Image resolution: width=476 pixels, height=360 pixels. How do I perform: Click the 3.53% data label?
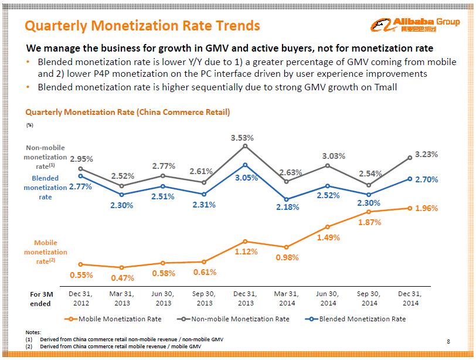click(242, 138)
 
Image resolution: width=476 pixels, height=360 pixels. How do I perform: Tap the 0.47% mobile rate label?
click(122, 278)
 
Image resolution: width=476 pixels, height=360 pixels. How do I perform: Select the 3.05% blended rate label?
click(246, 178)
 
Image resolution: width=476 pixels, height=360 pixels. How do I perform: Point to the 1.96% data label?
click(426, 208)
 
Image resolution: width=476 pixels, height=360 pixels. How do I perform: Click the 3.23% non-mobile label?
click(426, 154)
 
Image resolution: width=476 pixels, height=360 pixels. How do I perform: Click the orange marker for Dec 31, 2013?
click(246, 242)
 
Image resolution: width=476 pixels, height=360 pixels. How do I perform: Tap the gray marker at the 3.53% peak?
click(246, 146)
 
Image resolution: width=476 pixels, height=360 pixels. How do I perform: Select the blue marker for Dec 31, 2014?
click(410, 179)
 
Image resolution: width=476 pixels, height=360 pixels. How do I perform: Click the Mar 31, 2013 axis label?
click(122, 298)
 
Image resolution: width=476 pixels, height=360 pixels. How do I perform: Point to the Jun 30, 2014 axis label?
click(328, 298)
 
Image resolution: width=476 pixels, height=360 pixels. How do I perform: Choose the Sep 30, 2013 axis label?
click(204, 298)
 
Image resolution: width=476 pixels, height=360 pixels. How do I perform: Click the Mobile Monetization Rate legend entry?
click(114, 319)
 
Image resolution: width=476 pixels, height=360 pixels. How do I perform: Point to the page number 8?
click(448, 341)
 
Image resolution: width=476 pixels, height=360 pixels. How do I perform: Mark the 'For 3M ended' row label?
click(40, 298)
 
